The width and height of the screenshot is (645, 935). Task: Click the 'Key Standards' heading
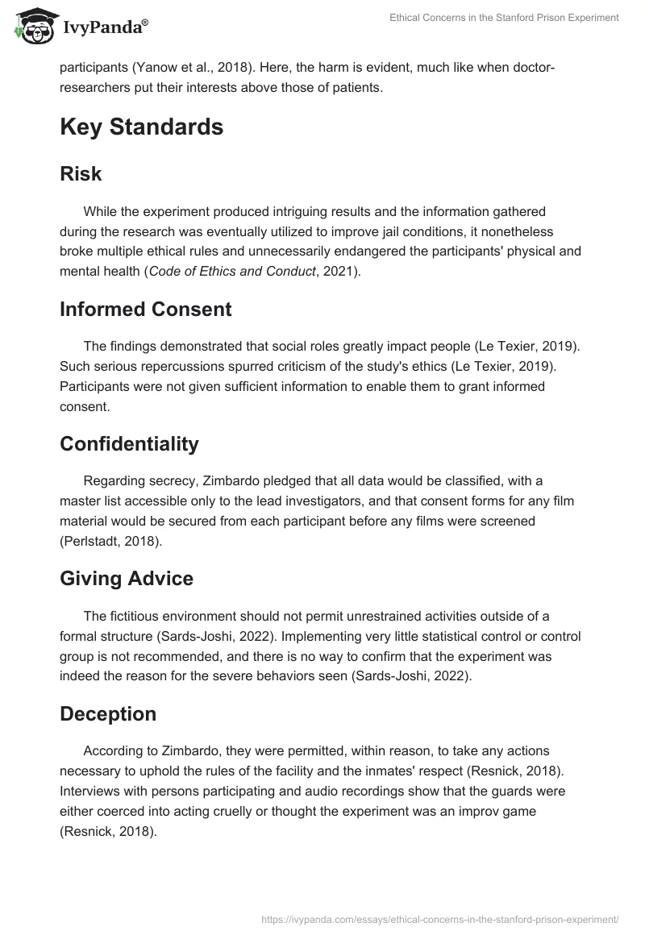click(141, 127)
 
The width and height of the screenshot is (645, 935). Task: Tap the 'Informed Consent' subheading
click(146, 309)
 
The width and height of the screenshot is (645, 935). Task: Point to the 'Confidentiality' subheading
click(129, 444)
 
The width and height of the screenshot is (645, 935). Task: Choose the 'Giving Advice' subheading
click(127, 579)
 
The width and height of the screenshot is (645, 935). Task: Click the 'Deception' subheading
click(108, 714)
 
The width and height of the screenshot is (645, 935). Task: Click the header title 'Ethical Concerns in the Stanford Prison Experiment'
click(493, 17)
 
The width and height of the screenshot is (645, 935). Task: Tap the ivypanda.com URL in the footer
click(440, 917)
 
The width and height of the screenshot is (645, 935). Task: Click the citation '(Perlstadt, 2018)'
click(111, 542)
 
